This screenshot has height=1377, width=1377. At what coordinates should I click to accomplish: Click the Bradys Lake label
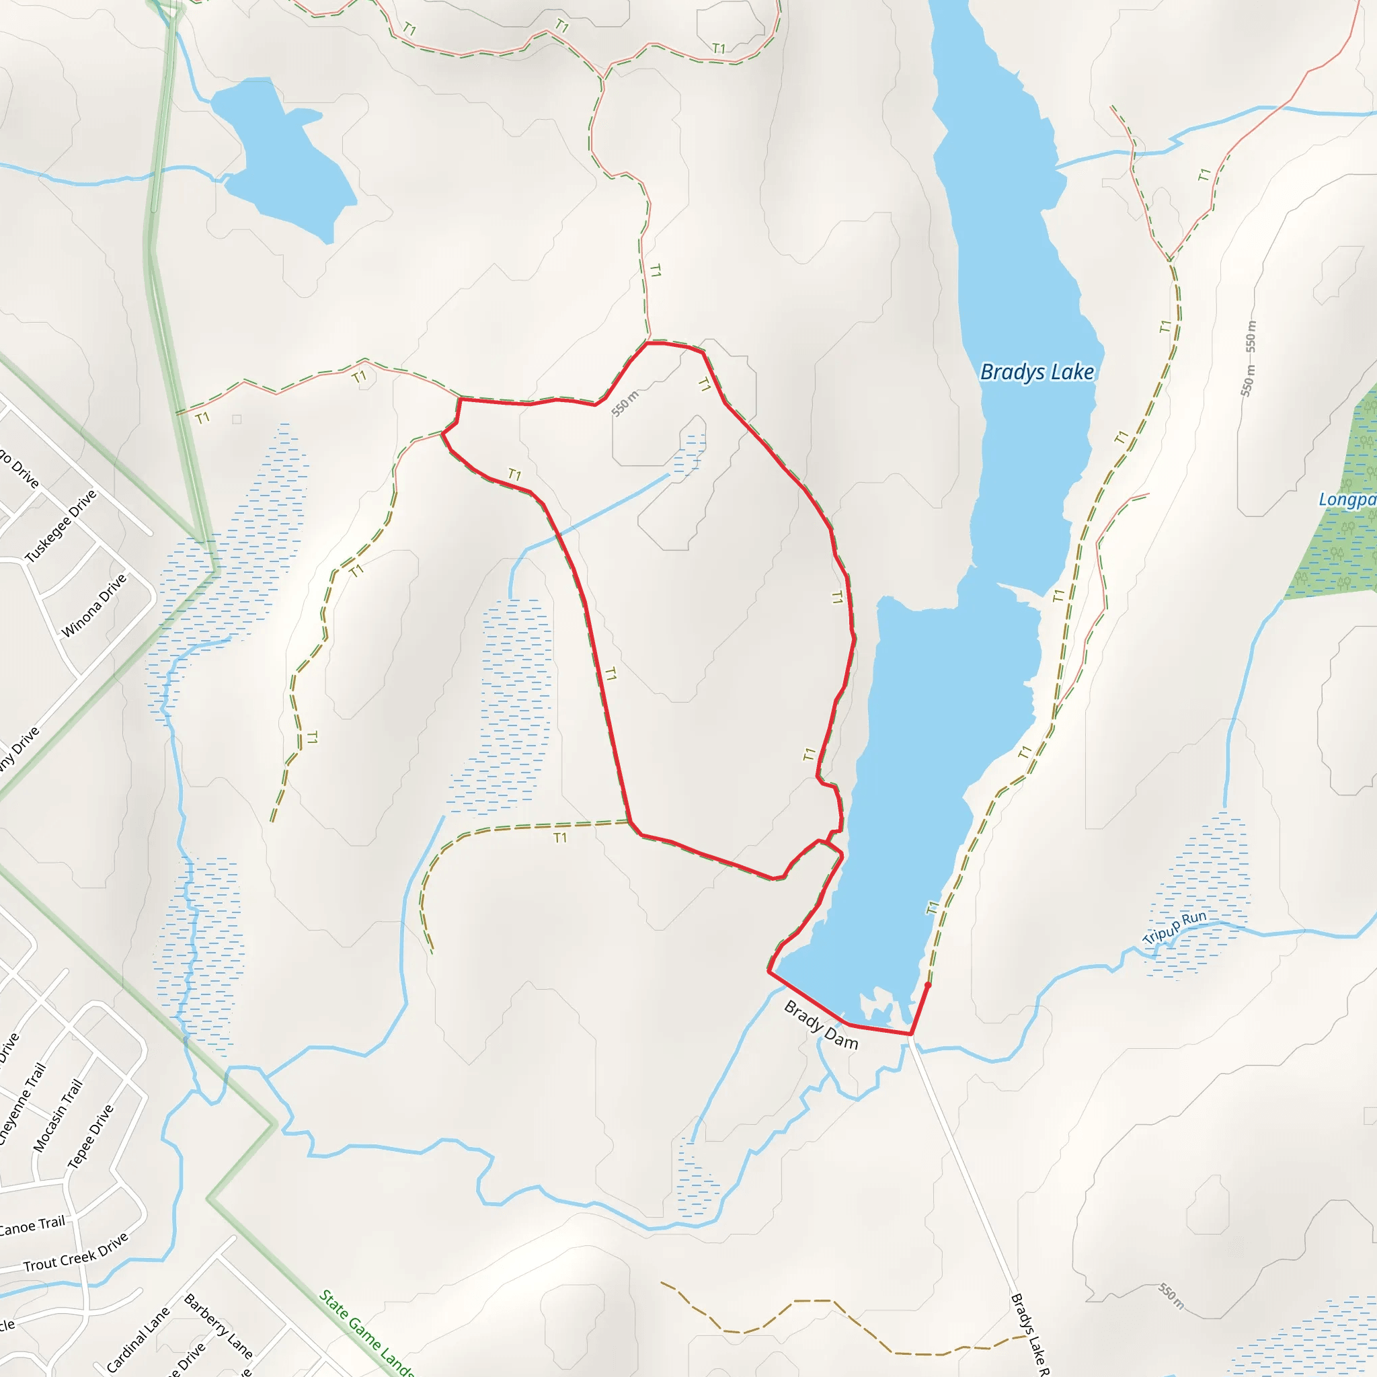tap(1037, 372)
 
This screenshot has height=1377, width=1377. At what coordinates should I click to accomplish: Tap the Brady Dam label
tap(821, 1025)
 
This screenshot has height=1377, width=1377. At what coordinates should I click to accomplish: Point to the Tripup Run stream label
tap(1175, 927)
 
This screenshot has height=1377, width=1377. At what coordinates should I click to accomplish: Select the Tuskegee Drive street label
tap(61, 526)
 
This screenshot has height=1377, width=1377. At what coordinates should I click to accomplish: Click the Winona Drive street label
tap(93, 605)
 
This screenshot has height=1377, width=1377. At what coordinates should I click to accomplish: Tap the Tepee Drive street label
tap(90, 1137)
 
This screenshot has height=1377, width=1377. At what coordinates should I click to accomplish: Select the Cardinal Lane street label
tap(139, 1339)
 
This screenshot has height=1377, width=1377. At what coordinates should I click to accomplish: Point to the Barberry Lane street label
tap(218, 1326)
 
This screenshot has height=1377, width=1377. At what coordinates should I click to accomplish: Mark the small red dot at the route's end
tap(927, 985)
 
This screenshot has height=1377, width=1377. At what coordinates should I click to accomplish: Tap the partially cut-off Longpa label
tap(1347, 499)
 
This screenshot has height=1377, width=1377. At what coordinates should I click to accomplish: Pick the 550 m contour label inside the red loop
tap(625, 403)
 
